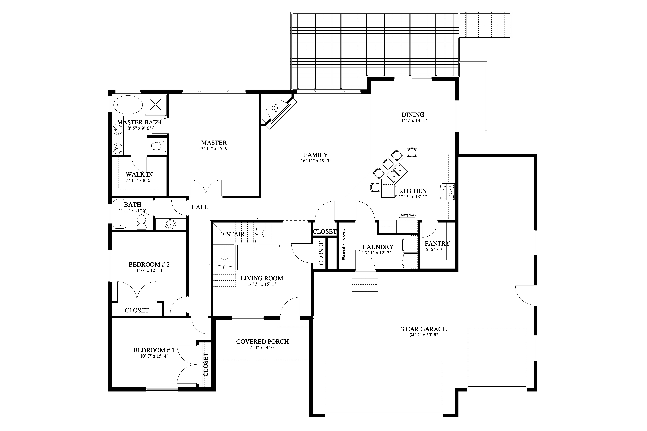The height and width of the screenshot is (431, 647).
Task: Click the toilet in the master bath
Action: point(159,145)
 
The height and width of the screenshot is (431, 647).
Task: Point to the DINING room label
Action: point(413,115)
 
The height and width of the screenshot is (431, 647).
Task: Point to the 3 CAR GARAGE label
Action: point(424,329)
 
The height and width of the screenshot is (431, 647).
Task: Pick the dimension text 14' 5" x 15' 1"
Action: point(262,284)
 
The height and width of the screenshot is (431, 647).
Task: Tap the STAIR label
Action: point(235,234)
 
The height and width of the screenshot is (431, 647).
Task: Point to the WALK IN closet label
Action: point(139,175)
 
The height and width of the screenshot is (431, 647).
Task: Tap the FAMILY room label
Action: point(316,155)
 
